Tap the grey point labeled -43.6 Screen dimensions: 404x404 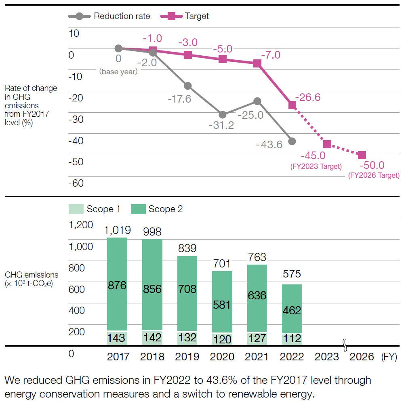click(x=292, y=141)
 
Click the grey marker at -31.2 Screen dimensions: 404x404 click(x=223, y=115)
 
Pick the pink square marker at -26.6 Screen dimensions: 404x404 click(x=292, y=105)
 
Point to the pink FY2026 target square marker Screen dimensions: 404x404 click(x=362, y=155)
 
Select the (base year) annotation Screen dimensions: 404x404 click(x=118, y=72)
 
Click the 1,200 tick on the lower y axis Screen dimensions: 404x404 click(x=81, y=225)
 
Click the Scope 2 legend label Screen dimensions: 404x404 click(x=165, y=209)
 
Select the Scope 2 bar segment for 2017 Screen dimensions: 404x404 click(x=117, y=285)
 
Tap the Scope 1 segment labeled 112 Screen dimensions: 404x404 click(x=292, y=338)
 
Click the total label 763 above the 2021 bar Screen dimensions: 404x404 click(x=257, y=257)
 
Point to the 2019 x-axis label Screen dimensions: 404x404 click(x=187, y=357)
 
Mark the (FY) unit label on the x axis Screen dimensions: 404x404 click(x=389, y=357)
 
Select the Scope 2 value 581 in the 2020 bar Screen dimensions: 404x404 click(x=223, y=304)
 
